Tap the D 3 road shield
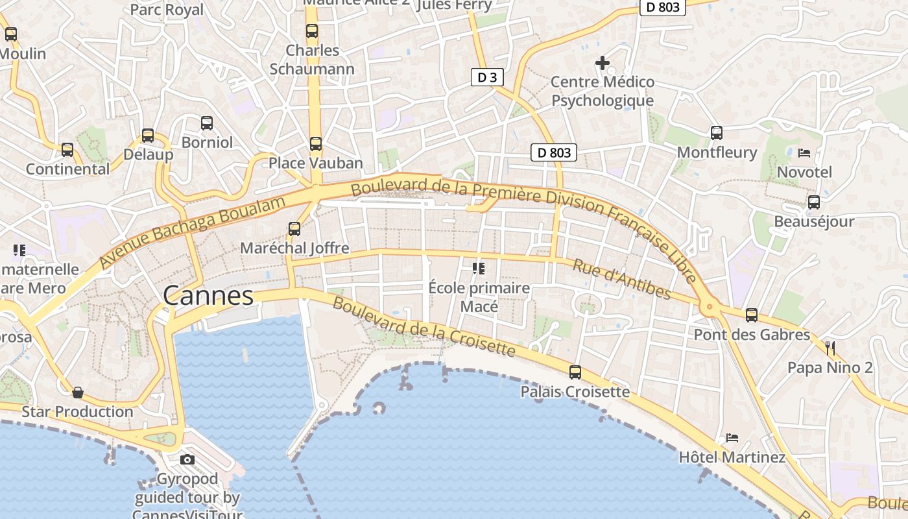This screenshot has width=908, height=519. [487, 78]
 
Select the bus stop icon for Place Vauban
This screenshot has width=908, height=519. [315, 144]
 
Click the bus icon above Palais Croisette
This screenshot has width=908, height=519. [575, 372]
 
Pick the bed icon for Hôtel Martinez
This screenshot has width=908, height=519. [732, 438]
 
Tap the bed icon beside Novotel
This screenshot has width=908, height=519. [804, 153]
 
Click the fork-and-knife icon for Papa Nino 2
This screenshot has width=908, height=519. [830, 348]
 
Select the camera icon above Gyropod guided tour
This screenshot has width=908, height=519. [187, 460]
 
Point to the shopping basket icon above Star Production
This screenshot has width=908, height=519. [78, 392]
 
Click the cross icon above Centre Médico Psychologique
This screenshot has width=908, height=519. [603, 63]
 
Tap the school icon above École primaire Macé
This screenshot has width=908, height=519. [479, 268]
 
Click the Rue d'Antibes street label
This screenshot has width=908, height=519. [621, 279]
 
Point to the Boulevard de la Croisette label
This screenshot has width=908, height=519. [424, 328]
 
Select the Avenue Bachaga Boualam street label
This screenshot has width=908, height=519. [193, 233]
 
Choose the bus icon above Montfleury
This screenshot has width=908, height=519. [717, 133]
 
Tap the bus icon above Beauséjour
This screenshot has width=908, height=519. [813, 202]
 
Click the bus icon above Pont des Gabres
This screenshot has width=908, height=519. [751, 315]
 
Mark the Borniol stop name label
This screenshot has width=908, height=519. [207, 142]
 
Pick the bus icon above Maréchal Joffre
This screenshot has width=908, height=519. [294, 228]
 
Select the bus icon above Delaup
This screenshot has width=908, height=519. [148, 136]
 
